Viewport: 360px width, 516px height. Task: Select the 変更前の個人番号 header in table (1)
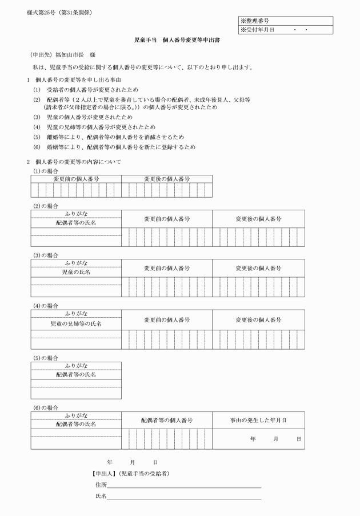(x=76, y=179)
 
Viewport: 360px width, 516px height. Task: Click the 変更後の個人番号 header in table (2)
(x=258, y=219)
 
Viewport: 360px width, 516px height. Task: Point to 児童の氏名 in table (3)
(x=76, y=272)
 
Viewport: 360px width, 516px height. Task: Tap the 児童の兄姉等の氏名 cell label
(x=76, y=324)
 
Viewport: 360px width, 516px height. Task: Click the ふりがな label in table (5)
(x=76, y=365)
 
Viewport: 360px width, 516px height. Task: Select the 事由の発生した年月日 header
(x=258, y=420)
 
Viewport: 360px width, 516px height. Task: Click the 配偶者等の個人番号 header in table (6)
(x=167, y=420)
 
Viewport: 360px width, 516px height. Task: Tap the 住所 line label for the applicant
(x=101, y=485)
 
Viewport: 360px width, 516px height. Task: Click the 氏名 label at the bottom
(x=101, y=496)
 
